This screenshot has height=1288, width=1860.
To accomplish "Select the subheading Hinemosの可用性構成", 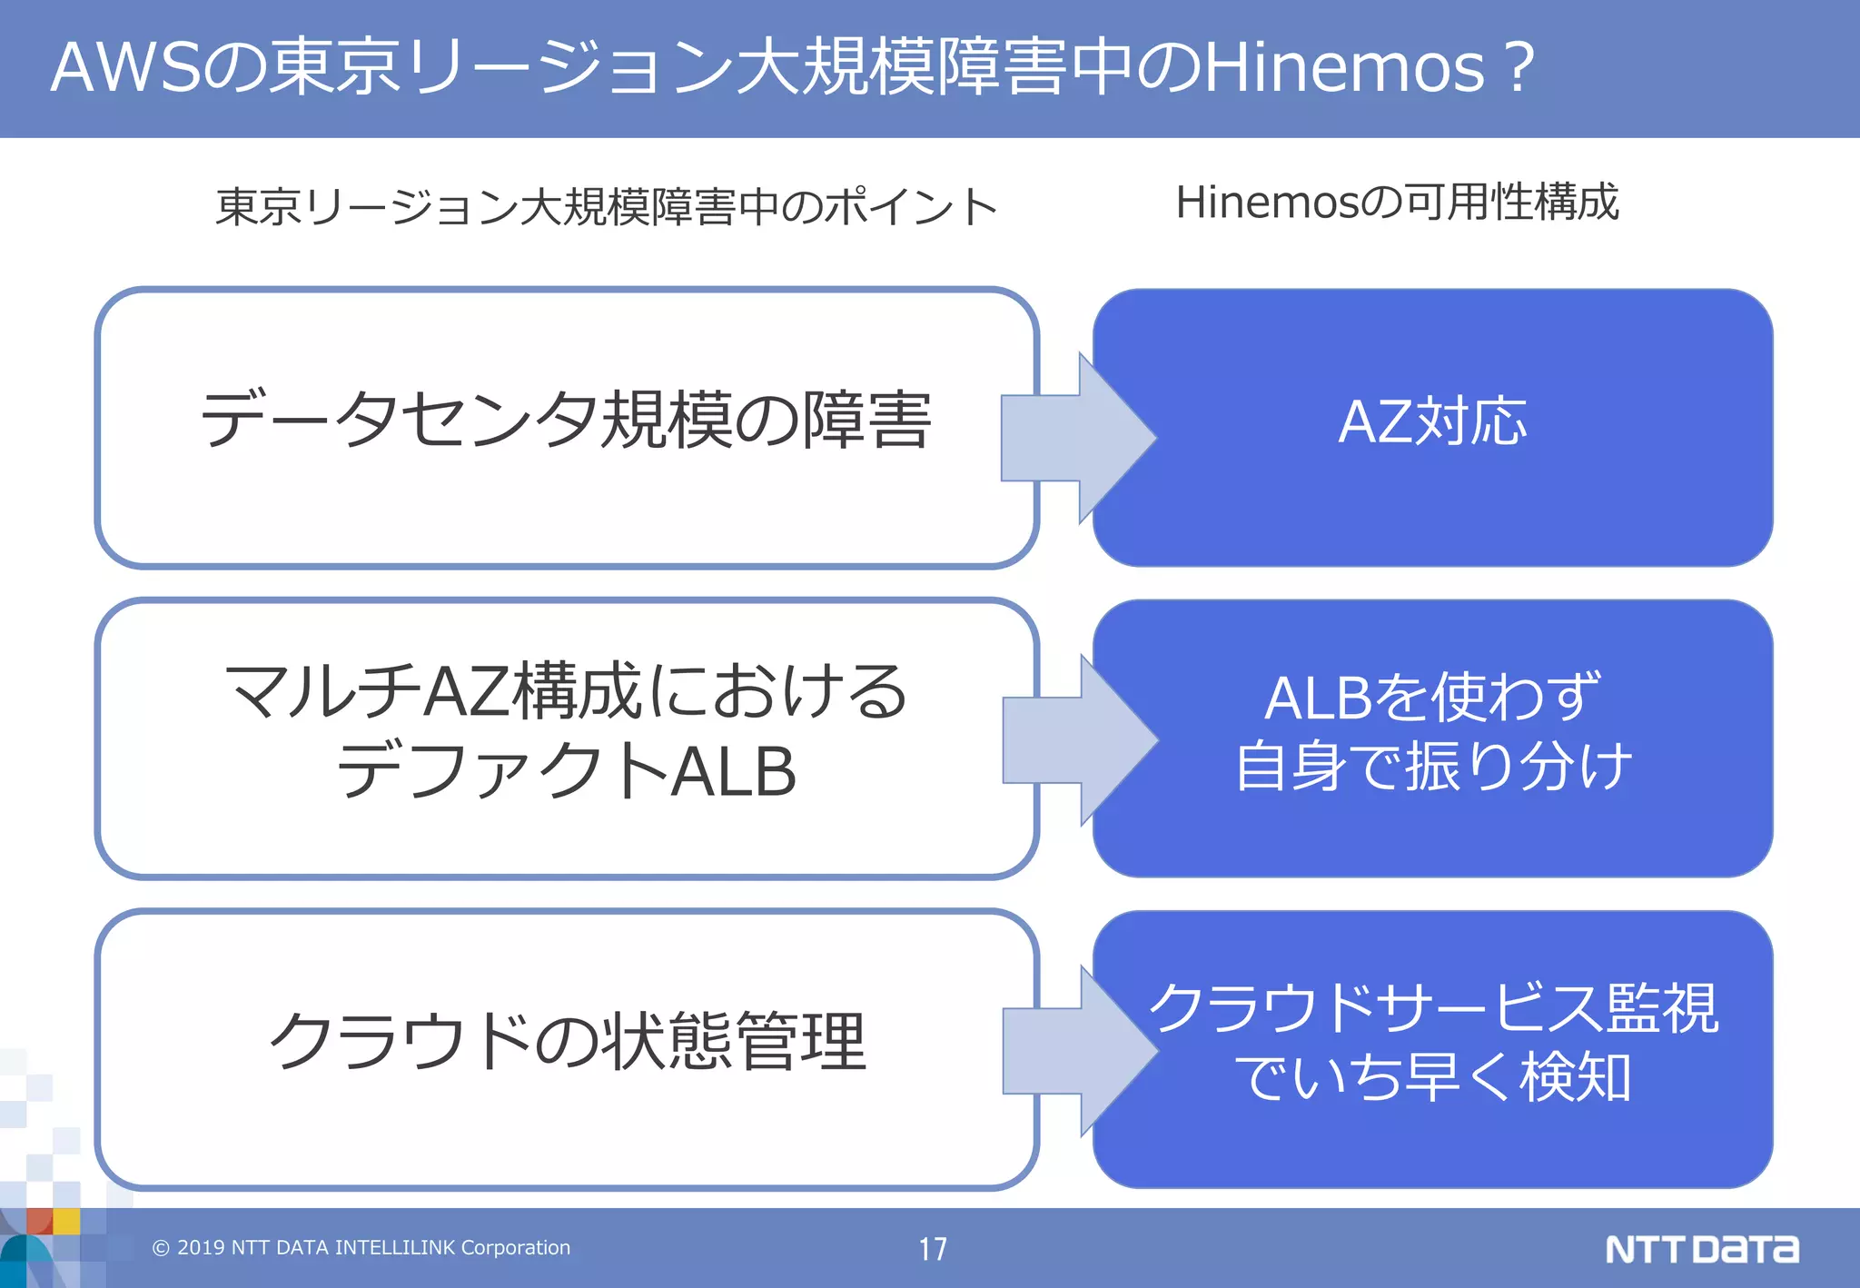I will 1397,203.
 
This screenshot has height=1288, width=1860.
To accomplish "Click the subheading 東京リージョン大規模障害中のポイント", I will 607,207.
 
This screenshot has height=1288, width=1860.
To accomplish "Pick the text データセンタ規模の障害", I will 566,421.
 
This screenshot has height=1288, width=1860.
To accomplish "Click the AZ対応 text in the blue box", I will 1432,422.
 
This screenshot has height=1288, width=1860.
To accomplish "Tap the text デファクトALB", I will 566,770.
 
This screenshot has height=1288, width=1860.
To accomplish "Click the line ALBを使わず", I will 1432,698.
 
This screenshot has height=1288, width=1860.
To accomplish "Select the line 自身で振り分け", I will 1432,767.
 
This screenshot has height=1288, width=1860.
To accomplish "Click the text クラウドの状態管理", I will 566,1041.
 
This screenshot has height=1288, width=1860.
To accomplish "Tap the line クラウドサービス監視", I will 1432,1008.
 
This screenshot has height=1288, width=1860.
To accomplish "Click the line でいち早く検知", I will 1432,1078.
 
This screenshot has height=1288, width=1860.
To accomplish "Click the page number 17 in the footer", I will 932,1249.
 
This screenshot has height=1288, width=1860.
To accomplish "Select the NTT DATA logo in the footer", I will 1701,1249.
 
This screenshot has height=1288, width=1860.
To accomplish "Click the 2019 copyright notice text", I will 361,1248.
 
